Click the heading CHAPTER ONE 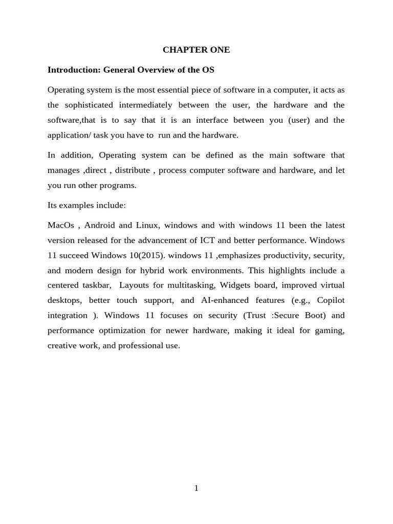pos(196,50)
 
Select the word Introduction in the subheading pos(72,70)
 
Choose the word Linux pos(147,225)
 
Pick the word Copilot pos(330,300)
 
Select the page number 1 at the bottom pos(196,488)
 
